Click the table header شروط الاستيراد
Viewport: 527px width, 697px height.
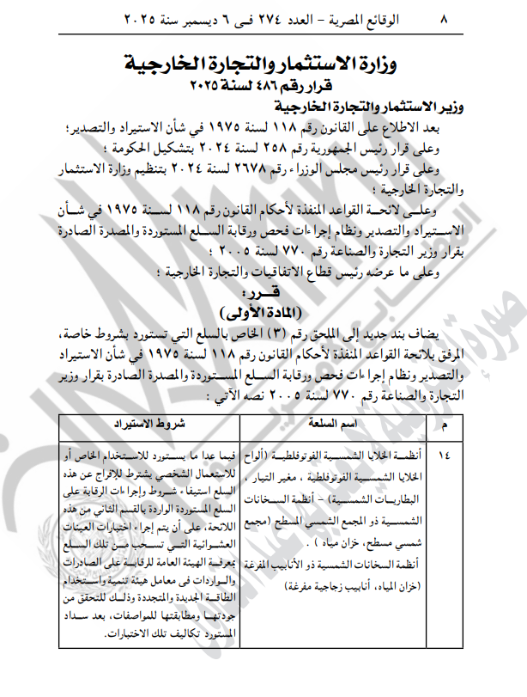click(x=147, y=424)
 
